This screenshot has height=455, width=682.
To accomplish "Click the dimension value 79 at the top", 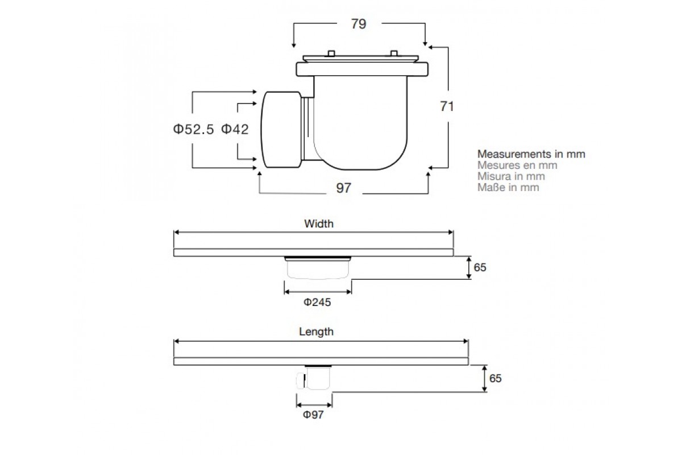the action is click(x=359, y=24).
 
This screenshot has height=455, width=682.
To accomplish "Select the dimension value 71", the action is click(x=447, y=106).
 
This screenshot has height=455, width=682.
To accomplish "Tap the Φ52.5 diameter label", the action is click(x=193, y=129).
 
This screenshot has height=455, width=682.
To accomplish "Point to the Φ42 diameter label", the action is click(x=235, y=129).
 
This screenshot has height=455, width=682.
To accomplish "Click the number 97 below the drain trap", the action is click(x=344, y=188).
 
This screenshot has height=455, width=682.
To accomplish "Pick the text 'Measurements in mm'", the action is click(x=531, y=154).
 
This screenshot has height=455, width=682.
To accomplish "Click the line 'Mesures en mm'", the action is click(x=517, y=165).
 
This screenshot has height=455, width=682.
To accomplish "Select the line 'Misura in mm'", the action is click(x=511, y=176).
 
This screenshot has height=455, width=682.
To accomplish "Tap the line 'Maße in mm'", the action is click(x=508, y=187).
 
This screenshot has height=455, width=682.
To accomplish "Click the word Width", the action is click(x=319, y=224).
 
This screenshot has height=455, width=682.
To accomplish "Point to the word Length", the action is click(x=316, y=332).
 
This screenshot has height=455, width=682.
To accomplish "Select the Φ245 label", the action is click(x=317, y=302).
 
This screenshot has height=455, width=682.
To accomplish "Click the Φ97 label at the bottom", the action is click(x=313, y=415).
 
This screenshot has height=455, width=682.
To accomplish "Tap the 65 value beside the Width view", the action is click(x=480, y=267).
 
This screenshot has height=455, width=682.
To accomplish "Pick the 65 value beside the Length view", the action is click(x=496, y=378).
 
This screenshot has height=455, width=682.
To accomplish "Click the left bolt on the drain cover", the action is click(x=331, y=53).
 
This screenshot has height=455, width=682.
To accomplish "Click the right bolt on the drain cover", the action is click(x=394, y=53).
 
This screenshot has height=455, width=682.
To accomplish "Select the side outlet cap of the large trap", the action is click(x=281, y=130).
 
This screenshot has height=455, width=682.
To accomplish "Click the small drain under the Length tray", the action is click(x=314, y=378).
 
